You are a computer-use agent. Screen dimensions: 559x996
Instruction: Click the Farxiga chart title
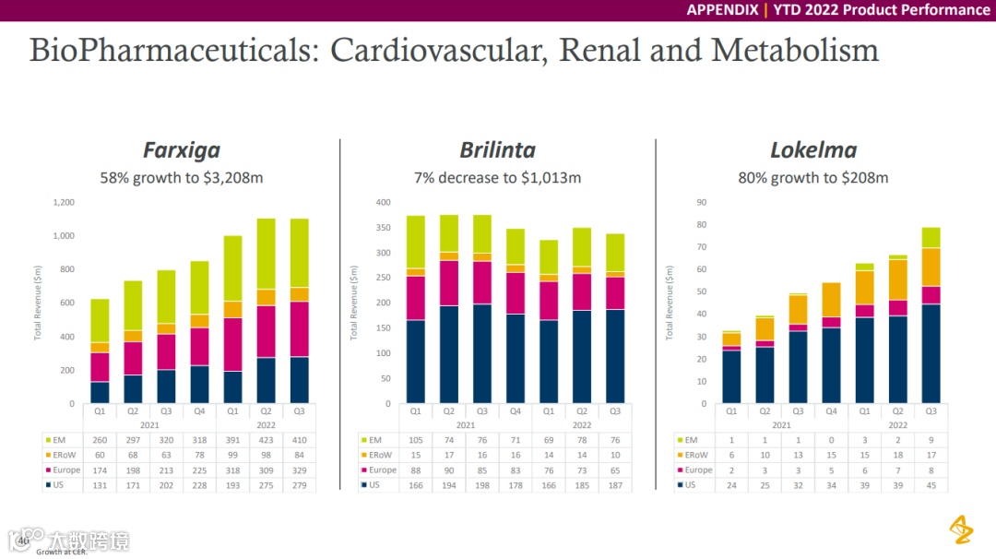point(181,150)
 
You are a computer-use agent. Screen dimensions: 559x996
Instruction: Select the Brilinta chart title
point(497,150)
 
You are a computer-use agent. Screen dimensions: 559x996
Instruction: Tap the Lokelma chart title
point(812,150)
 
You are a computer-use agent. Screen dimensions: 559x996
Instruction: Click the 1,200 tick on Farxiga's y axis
point(64,202)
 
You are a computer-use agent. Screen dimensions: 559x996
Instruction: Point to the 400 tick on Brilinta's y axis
point(383,202)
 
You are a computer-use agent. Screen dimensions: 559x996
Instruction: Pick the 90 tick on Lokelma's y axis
point(701,202)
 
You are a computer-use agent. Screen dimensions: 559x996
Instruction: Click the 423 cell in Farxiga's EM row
point(267,440)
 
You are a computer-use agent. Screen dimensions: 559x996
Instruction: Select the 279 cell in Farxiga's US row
point(300,484)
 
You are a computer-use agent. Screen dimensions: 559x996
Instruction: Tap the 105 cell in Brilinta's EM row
point(416,440)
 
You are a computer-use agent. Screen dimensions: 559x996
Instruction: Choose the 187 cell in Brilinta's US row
point(615,484)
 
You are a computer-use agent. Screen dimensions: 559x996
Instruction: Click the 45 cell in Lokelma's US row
point(931,484)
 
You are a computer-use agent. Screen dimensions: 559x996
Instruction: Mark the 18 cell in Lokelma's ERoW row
point(897,455)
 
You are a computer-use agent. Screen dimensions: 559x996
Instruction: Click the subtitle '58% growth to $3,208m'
point(181,177)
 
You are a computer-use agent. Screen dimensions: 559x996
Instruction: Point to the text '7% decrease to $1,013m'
point(497,177)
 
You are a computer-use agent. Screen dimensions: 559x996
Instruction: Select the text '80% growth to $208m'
point(812,177)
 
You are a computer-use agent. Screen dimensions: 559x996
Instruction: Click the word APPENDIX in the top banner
point(721,10)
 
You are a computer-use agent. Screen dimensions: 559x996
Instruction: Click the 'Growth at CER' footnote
point(62,553)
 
